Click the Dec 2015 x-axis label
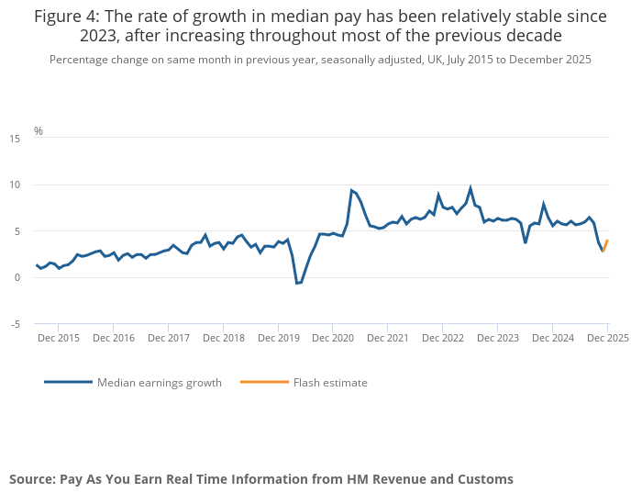coord(59,338)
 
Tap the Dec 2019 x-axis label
coord(279,338)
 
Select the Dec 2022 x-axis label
coord(444,338)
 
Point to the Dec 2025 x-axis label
coord(608,338)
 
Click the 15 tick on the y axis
coord(15,139)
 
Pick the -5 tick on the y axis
coord(16,324)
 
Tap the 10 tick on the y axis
coord(15,185)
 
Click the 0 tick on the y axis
coord(17,277)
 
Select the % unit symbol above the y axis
coord(39,130)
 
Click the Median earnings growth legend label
coord(160,383)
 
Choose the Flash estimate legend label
coord(330,383)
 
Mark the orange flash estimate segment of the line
coord(605,245)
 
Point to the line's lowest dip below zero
coord(297,284)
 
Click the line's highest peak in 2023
coord(470,188)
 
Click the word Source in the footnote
coord(32,479)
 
